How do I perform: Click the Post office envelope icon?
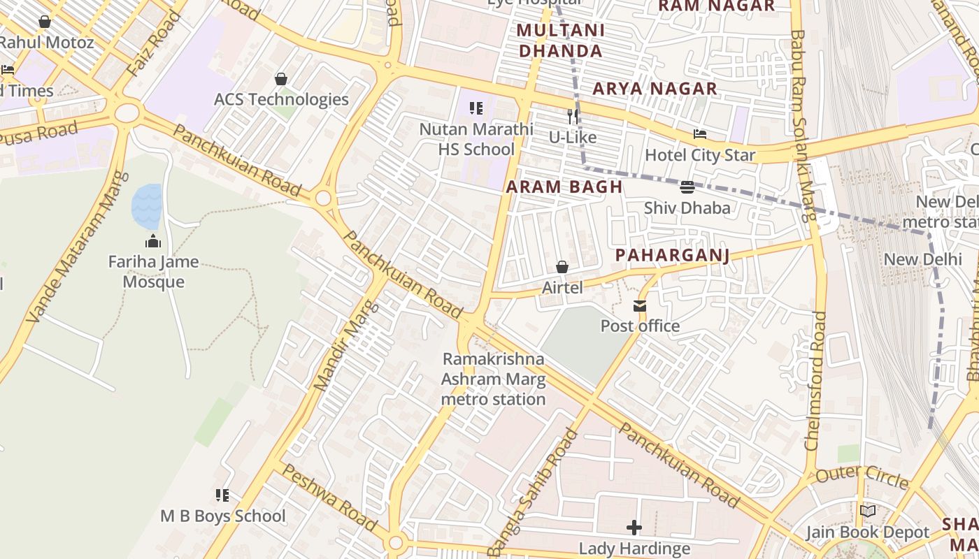coord(639,306)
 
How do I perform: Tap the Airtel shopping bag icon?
coord(562,267)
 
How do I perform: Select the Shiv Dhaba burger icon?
coord(687,187)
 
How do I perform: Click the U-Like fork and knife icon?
coord(573,116)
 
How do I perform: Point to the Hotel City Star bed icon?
coord(700,134)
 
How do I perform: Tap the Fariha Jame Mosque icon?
coord(153,242)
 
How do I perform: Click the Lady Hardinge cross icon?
coord(634,528)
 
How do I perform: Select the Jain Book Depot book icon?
coord(868,511)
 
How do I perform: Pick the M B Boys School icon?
coord(222,495)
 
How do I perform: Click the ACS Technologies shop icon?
coord(281,79)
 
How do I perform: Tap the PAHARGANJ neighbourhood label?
coord(672,256)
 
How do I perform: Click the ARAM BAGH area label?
coord(564,187)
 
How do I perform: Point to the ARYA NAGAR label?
coord(655,89)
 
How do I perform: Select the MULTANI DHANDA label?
coord(560,41)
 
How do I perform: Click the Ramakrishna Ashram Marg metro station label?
coord(493,379)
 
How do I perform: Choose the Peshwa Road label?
coord(330,498)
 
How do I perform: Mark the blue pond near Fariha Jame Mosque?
coord(147,207)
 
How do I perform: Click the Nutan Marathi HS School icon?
coord(476,108)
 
